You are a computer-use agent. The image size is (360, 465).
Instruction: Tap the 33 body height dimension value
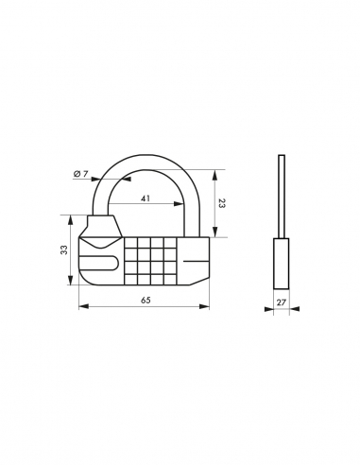(63, 250)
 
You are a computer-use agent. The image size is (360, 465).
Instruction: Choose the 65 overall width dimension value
(145, 300)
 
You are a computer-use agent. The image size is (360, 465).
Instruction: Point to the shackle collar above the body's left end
(101, 227)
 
